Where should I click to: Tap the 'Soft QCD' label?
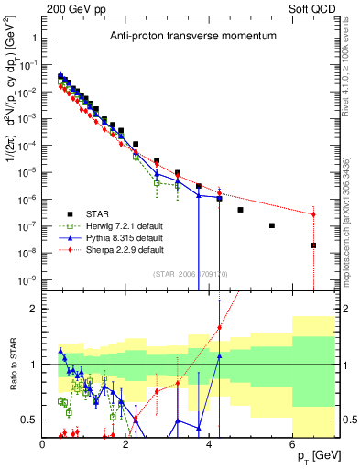313,7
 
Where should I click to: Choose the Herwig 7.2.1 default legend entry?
120,227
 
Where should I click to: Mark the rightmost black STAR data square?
313,245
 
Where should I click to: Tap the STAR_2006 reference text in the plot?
189,272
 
